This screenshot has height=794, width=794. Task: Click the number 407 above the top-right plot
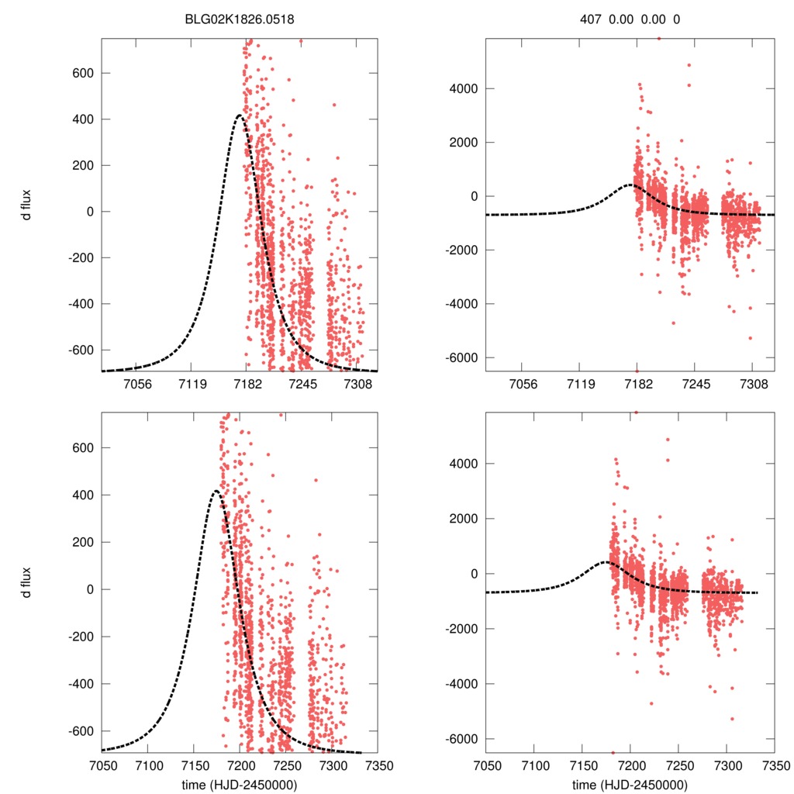coord(591,19)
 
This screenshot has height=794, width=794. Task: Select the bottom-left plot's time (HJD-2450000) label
coord(239,784)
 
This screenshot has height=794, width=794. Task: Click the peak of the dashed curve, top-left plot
coord(240,116)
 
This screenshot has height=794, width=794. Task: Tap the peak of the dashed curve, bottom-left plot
coord(215,491)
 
